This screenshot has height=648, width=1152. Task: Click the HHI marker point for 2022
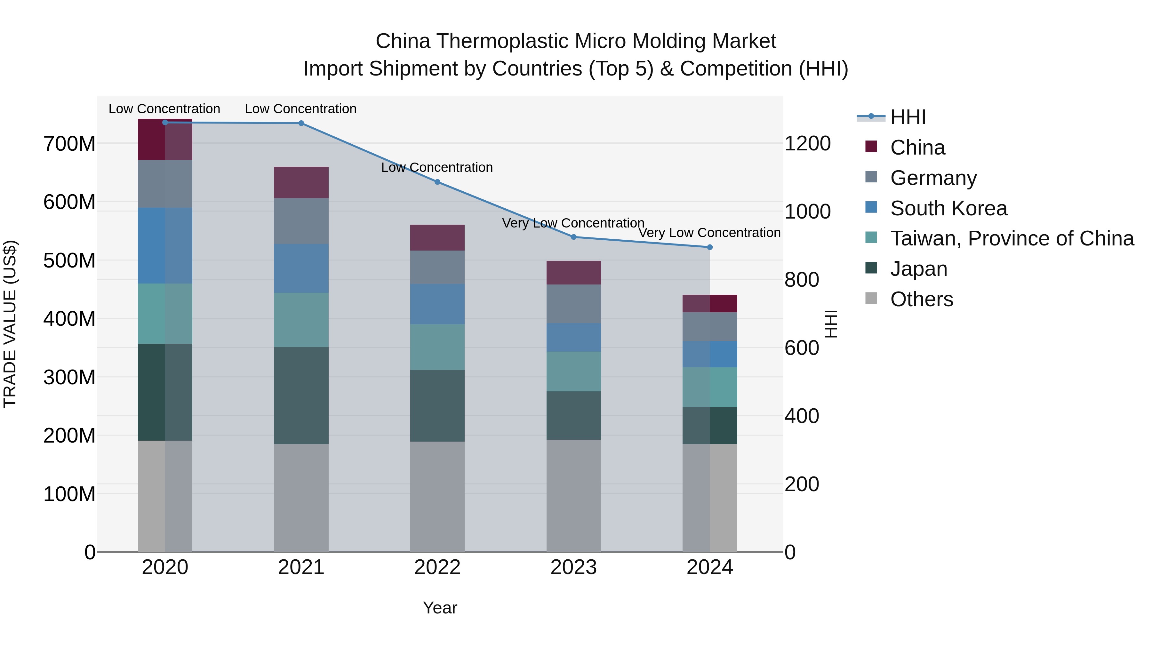pos(437,182)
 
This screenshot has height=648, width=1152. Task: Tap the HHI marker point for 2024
pos(710,247)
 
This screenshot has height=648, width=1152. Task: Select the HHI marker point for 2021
pos(301,124)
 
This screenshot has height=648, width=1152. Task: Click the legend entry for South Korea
pos(948,208)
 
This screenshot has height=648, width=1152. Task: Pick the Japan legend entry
pos(918,269)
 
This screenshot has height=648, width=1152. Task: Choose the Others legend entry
pos(921,300)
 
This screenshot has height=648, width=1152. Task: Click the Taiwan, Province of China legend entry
pos(1012,239)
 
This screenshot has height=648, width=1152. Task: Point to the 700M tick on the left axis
pos(69,144)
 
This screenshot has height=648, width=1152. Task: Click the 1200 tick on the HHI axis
pos(808,144)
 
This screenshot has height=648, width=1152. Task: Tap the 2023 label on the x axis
pos(573,567)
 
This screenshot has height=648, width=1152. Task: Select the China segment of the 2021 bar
pos(301,182)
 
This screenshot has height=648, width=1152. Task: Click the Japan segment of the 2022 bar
pos(437,406)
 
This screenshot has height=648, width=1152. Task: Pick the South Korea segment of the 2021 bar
pos(301,268)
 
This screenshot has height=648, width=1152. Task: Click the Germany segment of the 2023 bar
pos(573,304)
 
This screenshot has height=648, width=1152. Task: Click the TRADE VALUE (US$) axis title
pos(10,324)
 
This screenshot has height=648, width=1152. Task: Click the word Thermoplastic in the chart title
pos(503,41)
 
